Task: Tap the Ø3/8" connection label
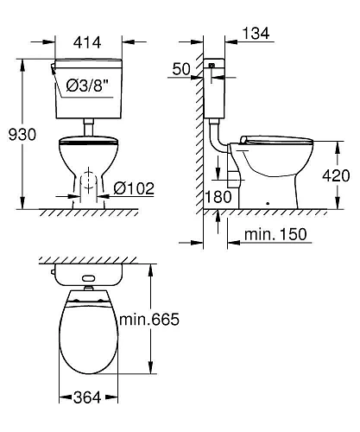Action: (x=92, y=85)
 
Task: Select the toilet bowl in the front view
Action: (x=86, y=160)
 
